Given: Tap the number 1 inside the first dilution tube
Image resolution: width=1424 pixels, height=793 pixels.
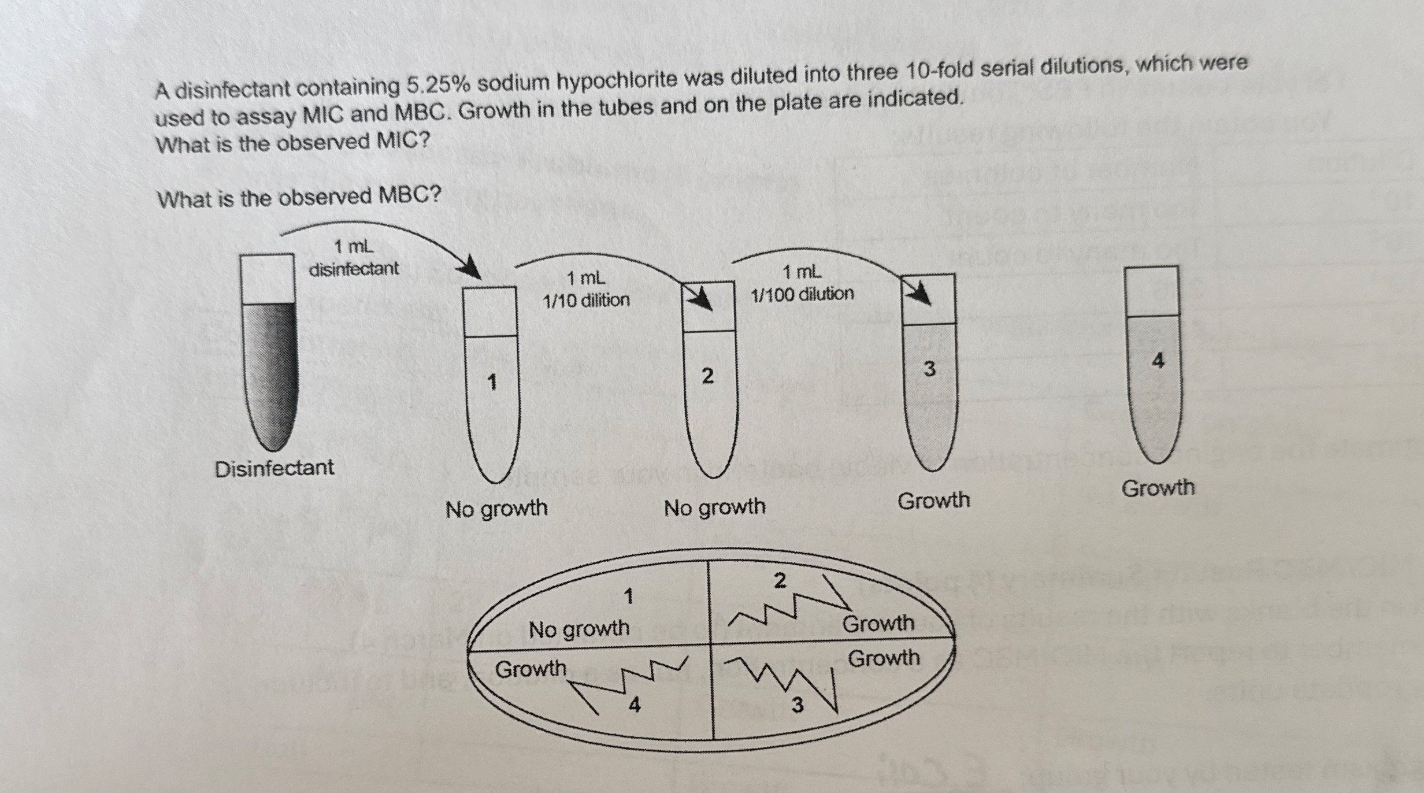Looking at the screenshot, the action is click(492, 382).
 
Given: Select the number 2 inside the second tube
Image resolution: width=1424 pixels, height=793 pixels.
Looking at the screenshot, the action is click(707, 376).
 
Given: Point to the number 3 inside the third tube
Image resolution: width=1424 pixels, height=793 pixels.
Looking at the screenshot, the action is click(929, 369).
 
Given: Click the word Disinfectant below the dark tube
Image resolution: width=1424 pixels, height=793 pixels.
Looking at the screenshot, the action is click(275, 468).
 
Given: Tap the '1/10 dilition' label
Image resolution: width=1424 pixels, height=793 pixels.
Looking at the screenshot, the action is click(586, 300).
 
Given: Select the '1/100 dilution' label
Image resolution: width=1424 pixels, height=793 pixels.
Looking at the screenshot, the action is click(802, 294).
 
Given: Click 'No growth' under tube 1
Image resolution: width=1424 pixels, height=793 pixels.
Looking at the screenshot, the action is click(496, 509).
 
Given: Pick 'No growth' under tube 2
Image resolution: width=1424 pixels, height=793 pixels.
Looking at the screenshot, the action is click(714, 507).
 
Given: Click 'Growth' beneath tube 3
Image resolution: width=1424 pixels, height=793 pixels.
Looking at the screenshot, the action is click(933, 500).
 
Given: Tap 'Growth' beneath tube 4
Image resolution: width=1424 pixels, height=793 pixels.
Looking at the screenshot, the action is click(1158, 488).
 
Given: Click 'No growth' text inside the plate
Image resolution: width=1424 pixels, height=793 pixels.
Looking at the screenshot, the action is click(578, 628).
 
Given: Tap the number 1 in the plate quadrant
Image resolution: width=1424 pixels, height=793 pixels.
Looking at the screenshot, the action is click(629, 596).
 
